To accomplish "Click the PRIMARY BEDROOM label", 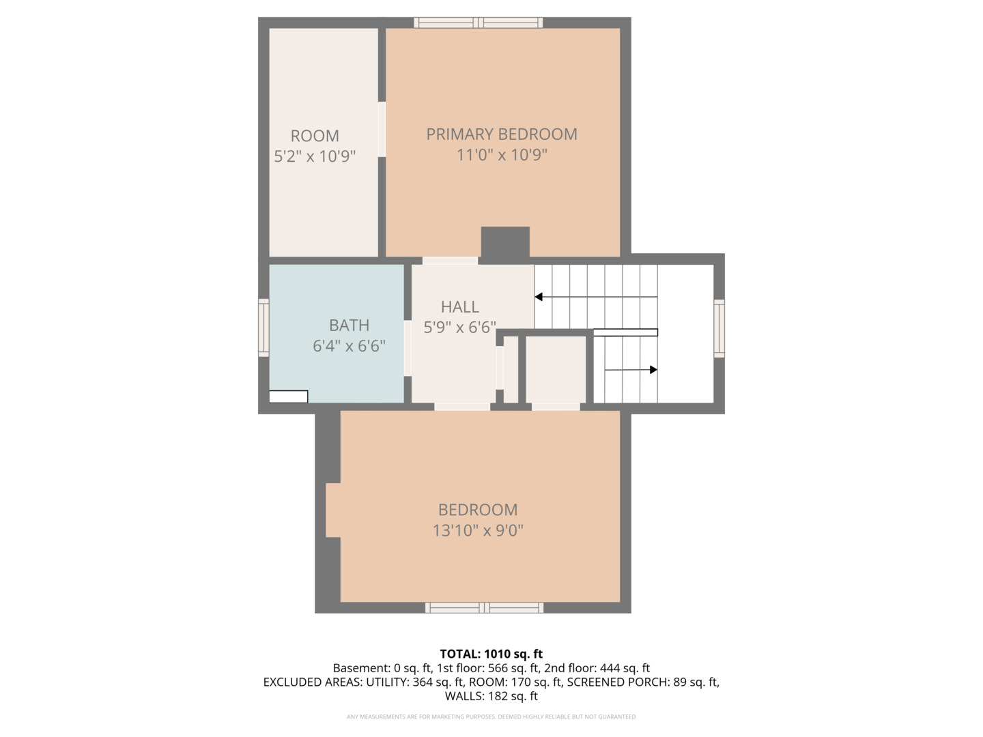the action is coord(502,134).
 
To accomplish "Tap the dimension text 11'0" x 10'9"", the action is coord(502,155).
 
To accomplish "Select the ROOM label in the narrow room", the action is coord(315,136).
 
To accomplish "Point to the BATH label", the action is coord(349,326).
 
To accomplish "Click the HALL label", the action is coord(460,307).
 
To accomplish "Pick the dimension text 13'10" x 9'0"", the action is coord(478,531).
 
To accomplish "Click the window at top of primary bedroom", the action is coord(479,23).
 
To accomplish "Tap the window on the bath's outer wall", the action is coord(263,328).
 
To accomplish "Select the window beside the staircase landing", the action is coord(719,328).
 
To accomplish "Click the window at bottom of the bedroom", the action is coord(484,607).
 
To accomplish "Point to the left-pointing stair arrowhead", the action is coord(539,297).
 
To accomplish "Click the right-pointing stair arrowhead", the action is coord(653,370).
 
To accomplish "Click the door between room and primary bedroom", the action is coord(382,130).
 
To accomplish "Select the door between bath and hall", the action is coord(408,348).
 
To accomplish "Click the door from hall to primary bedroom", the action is coord(450,261).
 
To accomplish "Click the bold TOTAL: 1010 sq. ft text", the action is coord(491,654).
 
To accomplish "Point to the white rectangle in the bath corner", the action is coord(288,396).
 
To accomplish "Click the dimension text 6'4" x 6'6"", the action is coord(349,346).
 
